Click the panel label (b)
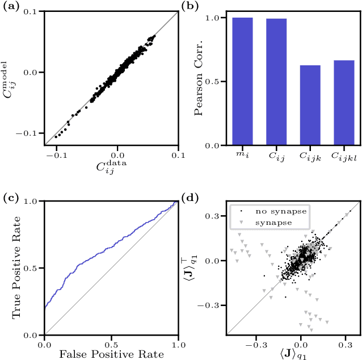pyautogui.click(x=189, y=6)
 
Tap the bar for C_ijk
pyautogui.click(x=310, y=105)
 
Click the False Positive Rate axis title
pyautogui.click(x=111, y=354)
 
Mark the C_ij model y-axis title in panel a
pyautogui.click(x=10, y=78)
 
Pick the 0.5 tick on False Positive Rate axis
pyautogui.click(x=111, y=344)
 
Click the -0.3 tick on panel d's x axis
pyautogui.click(x=260, y=345)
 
